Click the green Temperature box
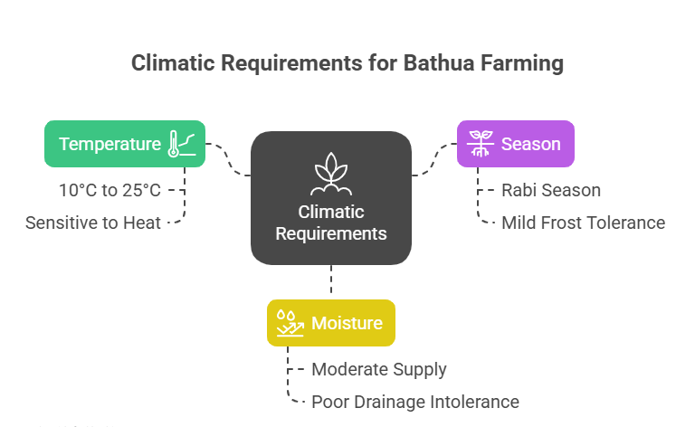(x=125, y=144)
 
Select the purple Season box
(x=515, y=144)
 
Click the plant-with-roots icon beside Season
(x=480, y=145)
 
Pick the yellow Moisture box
(x=330, y=323)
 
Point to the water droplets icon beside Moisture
(x=289, y=323)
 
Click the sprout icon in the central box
(x=330, y=175)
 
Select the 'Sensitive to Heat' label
(x=93, y=223)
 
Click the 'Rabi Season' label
(x=551, y=191)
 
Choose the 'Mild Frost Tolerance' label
(x=583, y=223)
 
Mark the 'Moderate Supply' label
(x=379, y=369)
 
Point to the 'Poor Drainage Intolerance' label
(x=415, y=402)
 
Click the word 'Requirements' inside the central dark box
(x=330, y=233)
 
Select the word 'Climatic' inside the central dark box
(x=330, y=213)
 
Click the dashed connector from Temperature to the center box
(x=229, y=157)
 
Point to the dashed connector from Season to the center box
(x=433, y=158)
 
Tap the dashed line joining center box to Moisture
(x=331, y=281)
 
